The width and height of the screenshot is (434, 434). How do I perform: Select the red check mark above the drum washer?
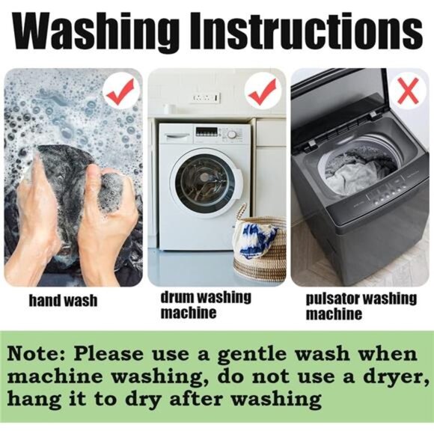263,91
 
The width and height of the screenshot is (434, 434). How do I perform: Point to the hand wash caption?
64,301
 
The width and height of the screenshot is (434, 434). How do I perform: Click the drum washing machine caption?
206,305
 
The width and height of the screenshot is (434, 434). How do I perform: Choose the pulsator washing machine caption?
361,306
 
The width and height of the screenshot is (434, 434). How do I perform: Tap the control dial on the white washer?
232,135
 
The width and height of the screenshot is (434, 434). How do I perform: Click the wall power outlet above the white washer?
205,98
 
